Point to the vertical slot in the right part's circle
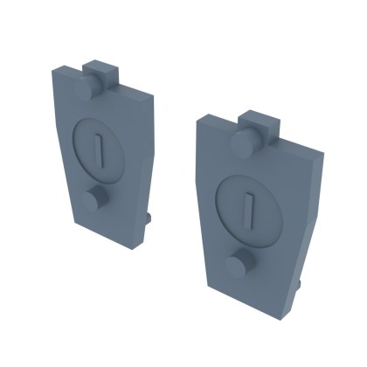(x=251, y=207)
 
